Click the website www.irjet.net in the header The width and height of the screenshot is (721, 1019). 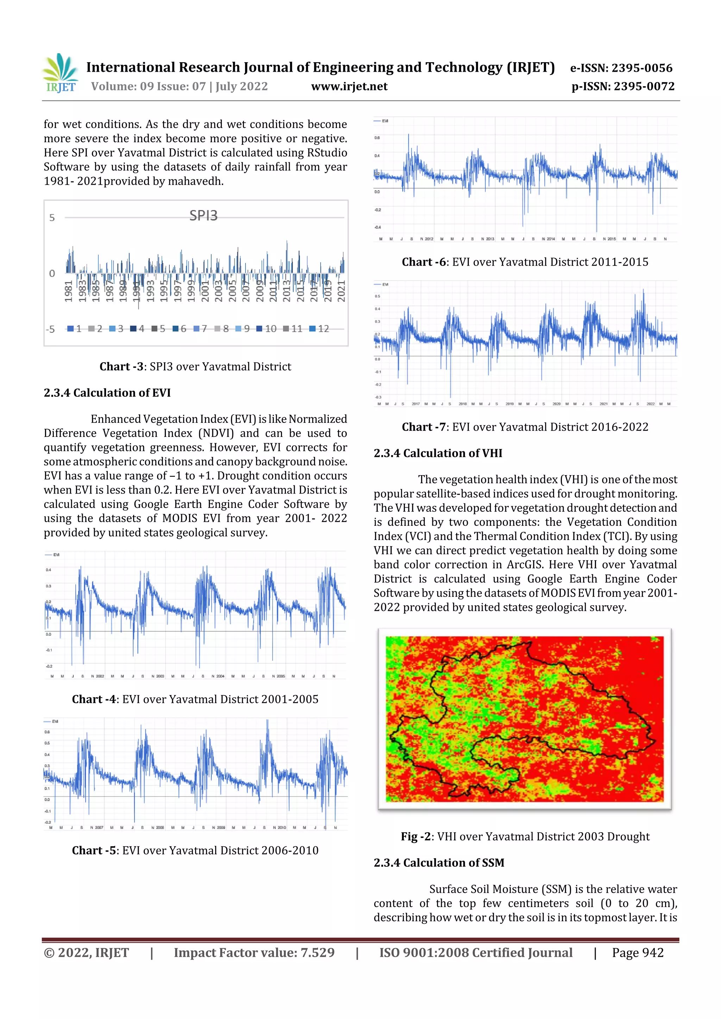click(349, 87)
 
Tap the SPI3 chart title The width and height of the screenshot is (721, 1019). click(203, 216)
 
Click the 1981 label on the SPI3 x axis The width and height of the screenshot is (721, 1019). click(68, 291)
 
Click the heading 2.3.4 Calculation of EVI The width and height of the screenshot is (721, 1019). click(107, 393)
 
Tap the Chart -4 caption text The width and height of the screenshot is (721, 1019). click(195, 700)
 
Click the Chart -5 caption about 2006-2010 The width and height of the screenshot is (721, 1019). click(195, 851)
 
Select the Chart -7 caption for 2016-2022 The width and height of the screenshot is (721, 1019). click(525, 427)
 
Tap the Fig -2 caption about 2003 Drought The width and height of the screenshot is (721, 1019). click(525, 836)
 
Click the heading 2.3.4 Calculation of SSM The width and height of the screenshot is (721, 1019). click(438, 863)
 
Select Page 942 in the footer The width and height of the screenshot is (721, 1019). click(638, 953)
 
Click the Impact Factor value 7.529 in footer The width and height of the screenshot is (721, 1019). click(254, 953)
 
